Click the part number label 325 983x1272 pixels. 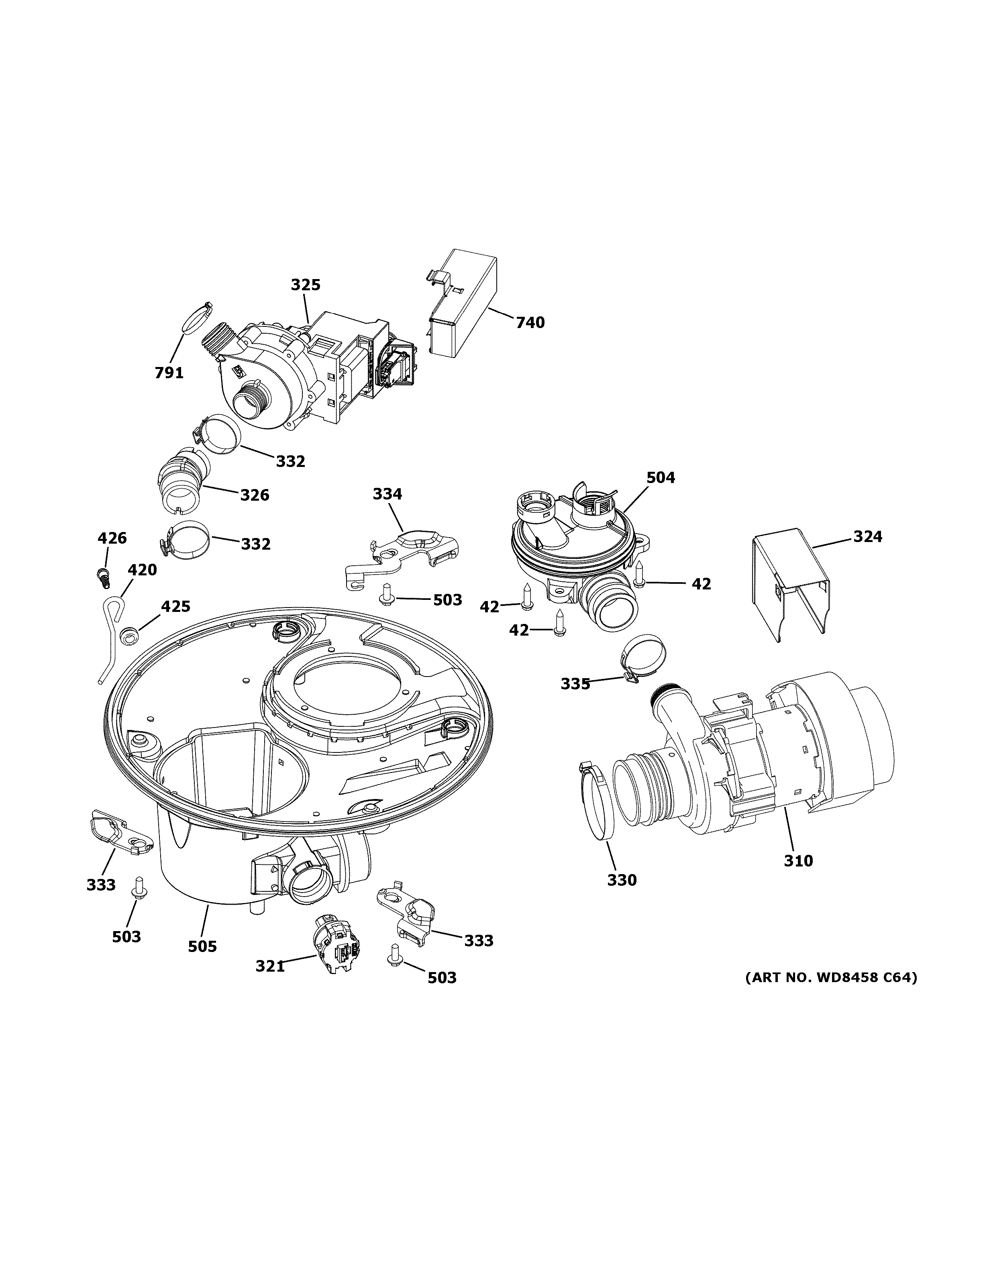pyautogui.click(x=306, y=285)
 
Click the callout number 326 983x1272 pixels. pyautogui.click(x=255, y=495)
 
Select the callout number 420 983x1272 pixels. pyautogui.click(x=143, y=570)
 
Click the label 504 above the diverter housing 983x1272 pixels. pyautogui.click(x=661, y=477)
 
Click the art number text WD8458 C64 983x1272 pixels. pyautogui.click(x=832, y=977)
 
